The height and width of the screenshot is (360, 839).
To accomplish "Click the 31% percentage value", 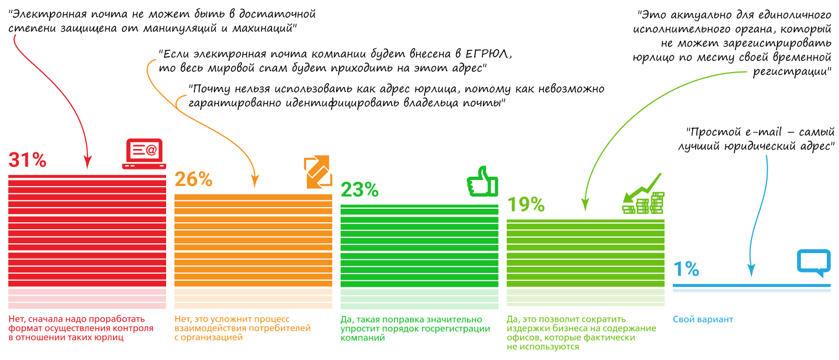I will pyautogui.click(x=27, y=160).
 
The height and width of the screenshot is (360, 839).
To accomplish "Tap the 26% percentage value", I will pyautogui.click(x=193, y=179).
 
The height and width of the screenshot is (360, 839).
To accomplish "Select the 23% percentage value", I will pyautogui.click(x=359, y=190).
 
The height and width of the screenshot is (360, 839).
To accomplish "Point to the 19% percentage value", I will pyautogui.click(x=526, y=204).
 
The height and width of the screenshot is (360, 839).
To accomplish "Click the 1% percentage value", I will pyautogui.click(x=686, y=269).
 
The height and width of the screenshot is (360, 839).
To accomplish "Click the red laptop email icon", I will pyautogui.click(x=144, y=153).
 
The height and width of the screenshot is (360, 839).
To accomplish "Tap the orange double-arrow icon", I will pyautogui.click(x=317, y=172).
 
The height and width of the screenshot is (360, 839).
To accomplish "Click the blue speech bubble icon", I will pyautogui.click(x=814, y=263).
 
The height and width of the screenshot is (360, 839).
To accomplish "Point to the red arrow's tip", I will pyautogui.click(x=87, y=167).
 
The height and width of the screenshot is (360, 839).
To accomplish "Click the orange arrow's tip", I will pyautogui.click(x=255, y=183).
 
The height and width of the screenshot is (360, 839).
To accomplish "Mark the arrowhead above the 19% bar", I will pyautogui.click(x=583, y=208).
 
